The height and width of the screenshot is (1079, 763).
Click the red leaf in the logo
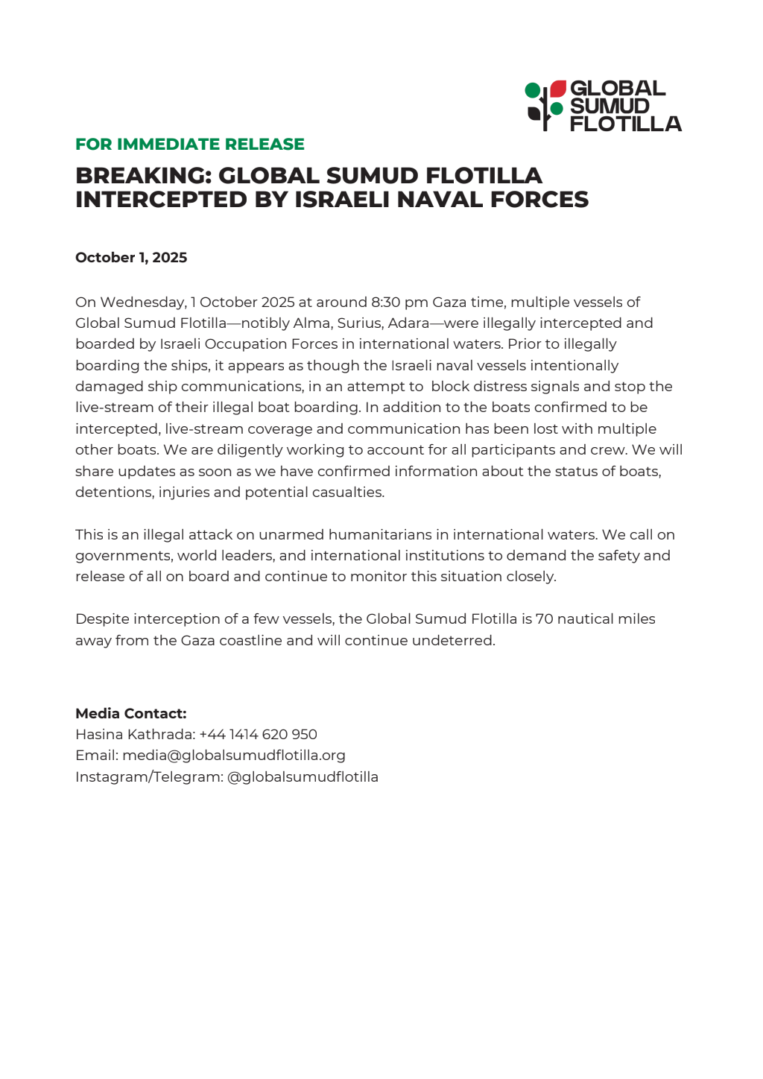pos(558,89)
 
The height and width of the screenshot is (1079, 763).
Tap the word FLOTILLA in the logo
pos(625,124)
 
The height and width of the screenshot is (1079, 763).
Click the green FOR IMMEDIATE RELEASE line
pos(190,145)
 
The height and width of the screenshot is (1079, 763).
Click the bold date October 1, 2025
pos(131,258)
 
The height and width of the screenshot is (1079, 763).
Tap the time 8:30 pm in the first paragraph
pos(399,303)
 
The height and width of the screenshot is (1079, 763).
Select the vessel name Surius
pos(360,323)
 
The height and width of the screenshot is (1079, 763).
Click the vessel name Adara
pos(408,323)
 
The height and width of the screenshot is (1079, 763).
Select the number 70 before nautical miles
pos(544,619)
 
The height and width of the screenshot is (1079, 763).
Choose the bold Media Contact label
pos(131,714)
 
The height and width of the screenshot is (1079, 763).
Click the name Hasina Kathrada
pos(135,735)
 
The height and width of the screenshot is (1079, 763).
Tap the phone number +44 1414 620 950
pos(259,735)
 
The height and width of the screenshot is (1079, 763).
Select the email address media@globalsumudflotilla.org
pos(234,756)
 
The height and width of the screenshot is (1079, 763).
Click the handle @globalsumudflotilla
pos(303,777)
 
